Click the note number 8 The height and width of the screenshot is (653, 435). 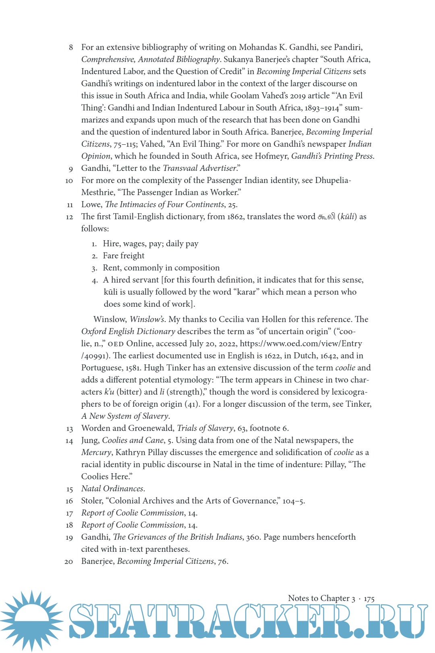[71, 48]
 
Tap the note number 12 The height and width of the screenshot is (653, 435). [69, 217]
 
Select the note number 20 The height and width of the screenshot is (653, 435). [69, 561]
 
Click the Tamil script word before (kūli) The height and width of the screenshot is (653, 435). [326, 216]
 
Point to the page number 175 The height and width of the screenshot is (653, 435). [369, 599]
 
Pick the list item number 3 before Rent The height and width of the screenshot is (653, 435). [94, 268]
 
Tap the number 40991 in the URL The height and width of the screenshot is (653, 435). [95, 356]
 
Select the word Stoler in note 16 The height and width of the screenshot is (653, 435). [92, 501]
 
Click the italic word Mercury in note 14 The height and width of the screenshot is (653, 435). [96, 452]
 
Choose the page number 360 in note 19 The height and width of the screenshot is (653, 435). [253, 537]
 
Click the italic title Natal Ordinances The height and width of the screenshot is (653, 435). [112, 489]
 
